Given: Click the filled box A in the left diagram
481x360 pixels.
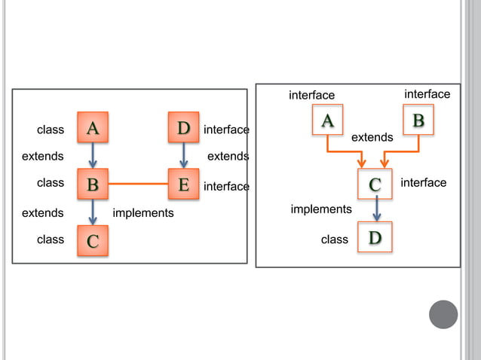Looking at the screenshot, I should [x=93, y=128].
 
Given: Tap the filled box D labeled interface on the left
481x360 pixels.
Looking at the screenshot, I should [x=183, y=128].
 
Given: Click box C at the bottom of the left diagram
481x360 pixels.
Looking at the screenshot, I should [x=93, y=240].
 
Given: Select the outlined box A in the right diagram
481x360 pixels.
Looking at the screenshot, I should [x=327, y=120].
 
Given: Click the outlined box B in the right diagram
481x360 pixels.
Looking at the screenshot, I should [x=418, y=120].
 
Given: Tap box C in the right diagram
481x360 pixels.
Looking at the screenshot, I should [x=375, y=183].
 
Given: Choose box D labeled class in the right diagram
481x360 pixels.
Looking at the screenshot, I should [x=375, y=238].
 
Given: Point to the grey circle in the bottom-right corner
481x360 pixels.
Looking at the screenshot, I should [x=443, y=314].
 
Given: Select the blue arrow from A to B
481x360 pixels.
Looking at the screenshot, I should [x=93, y=156].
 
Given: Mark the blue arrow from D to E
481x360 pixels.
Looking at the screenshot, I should [x=183, y=156].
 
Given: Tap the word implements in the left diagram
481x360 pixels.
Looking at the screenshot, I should [x=142, y=213].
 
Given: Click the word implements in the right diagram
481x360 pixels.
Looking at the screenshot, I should [x=321, y=209].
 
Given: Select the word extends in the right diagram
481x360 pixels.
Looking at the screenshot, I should [x=372, y=138].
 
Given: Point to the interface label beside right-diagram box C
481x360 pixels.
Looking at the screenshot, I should [x=423, y=183].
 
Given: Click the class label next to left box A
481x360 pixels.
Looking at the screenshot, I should [x=51, y=130].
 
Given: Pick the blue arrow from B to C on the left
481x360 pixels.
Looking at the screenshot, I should [x=93, y=212].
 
